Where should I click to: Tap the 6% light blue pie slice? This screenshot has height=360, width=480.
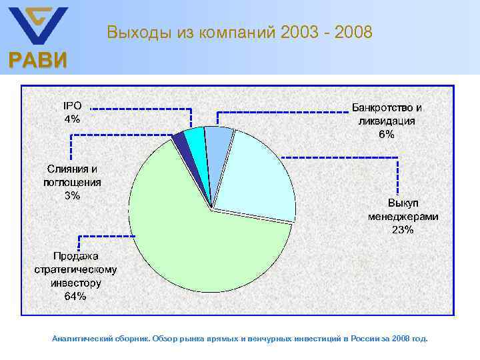tap(218, 147)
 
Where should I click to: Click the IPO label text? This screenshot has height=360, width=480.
tap(72, 105)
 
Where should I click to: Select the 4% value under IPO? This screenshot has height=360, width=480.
tap(72, 119)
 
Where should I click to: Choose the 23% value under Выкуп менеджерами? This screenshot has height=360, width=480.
tap(403, 230)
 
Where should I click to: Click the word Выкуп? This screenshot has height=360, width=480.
tap(403, 203)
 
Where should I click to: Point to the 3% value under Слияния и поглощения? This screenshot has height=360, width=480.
tap(72, 195)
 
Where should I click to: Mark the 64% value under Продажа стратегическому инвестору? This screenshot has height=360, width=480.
tap(75, 296)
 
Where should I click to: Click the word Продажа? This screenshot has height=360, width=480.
tap(75, 256)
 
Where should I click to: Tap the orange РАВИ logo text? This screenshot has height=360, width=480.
tap(37, 61)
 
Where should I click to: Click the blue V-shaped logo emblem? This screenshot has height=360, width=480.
tap(37, 25)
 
